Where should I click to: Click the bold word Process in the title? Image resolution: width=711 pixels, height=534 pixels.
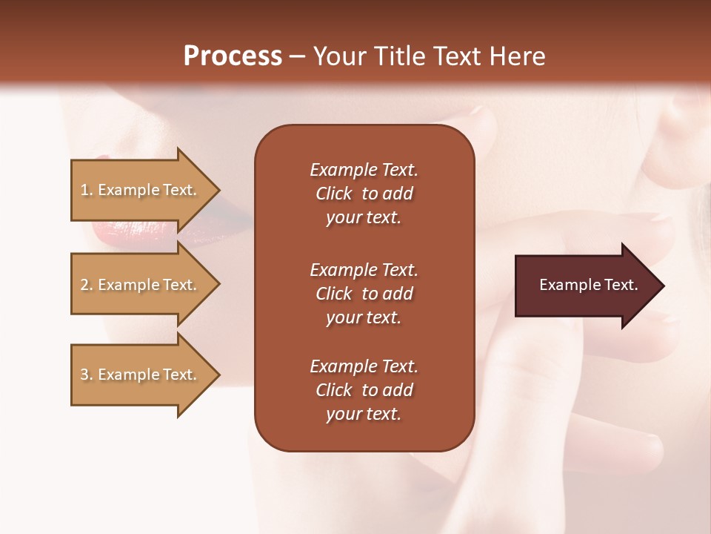(x=233, y=56)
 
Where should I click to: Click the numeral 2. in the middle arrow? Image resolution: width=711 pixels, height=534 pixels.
(x=87, y=285)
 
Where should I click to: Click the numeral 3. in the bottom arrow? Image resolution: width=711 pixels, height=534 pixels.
(x=87, y=375)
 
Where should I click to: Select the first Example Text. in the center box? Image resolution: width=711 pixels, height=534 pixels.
(x=364, y=170)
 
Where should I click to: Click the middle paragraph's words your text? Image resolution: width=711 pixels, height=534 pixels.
(x=364, y=317)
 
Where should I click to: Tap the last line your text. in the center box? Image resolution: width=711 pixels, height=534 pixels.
(x=364, y=415)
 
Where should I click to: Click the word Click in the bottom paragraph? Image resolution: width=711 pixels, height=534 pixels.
(x=334, y=390)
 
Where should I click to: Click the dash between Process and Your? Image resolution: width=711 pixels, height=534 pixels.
(x=297, y=56)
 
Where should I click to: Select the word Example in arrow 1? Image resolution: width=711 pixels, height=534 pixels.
(x=127, y=190)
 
